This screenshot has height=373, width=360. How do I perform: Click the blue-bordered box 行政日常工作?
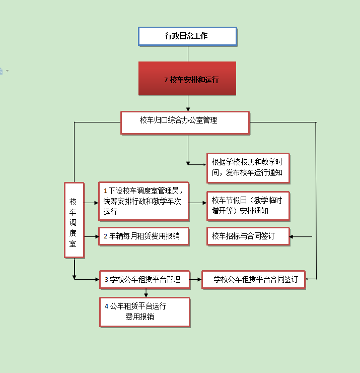187,36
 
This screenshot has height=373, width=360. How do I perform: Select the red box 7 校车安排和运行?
187,79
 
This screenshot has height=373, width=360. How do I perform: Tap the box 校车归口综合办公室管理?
185,123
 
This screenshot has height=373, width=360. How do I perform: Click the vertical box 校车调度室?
74,220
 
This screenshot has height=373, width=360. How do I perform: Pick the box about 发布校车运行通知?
248,168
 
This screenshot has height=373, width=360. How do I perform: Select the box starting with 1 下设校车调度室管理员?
144,201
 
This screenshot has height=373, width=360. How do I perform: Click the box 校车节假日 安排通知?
248,206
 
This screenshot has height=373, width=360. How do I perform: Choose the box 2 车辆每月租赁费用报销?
144,236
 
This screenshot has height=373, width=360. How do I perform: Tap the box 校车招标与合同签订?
248,236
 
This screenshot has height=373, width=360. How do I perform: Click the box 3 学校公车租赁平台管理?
145,280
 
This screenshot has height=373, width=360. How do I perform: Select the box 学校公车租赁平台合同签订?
253,280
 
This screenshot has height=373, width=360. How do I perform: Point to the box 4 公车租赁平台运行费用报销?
145,313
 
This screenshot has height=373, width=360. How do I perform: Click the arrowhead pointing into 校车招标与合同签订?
291,237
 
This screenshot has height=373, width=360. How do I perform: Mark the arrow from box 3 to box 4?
146,293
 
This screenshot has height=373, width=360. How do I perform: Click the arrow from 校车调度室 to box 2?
92,236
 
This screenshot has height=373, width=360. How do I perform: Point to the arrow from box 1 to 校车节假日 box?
198,203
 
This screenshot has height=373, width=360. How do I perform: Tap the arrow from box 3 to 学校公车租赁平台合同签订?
196,279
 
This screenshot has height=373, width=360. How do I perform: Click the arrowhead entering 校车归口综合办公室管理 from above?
188,109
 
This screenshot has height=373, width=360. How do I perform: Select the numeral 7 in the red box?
166,80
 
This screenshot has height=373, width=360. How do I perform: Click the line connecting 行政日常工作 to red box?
188,54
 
